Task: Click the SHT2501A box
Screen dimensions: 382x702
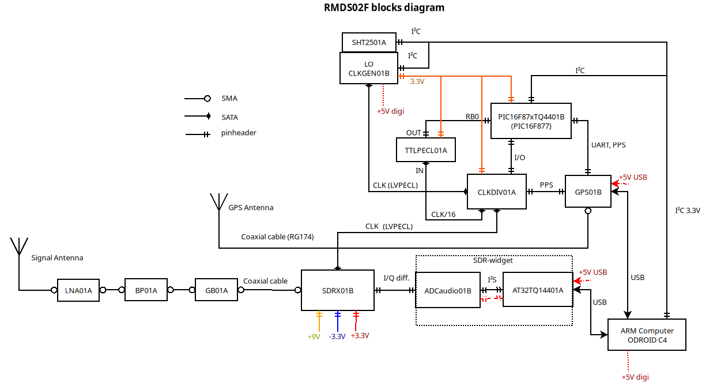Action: click(369, 42)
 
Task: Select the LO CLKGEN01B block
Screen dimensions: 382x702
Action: click(369, 68)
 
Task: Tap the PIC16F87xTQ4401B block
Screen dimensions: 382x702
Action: click(531, 121)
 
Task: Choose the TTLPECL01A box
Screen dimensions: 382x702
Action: click(426, 149)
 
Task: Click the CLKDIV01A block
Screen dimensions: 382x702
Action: click(496, 192)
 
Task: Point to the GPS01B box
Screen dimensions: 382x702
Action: click(588, 192)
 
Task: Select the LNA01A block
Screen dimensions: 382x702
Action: click(78, 290)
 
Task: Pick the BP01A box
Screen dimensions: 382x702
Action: click(146, 290)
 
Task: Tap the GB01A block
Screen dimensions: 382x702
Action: click(217, 290)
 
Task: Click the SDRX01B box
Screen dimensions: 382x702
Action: click(338, 290)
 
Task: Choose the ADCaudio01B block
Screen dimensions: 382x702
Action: click(448, 290)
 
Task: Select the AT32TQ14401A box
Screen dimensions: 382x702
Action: click(538, 290)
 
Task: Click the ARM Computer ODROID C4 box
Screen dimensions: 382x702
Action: click(647, 335)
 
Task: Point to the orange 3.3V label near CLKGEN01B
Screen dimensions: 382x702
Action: click(417, 82)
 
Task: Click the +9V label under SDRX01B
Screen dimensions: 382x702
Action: click(314, 336)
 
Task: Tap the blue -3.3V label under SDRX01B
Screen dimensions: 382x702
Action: click(337, 336)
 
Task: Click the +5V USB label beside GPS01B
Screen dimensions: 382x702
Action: click(633, 178)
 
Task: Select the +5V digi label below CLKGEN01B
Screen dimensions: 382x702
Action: click(390, 111)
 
